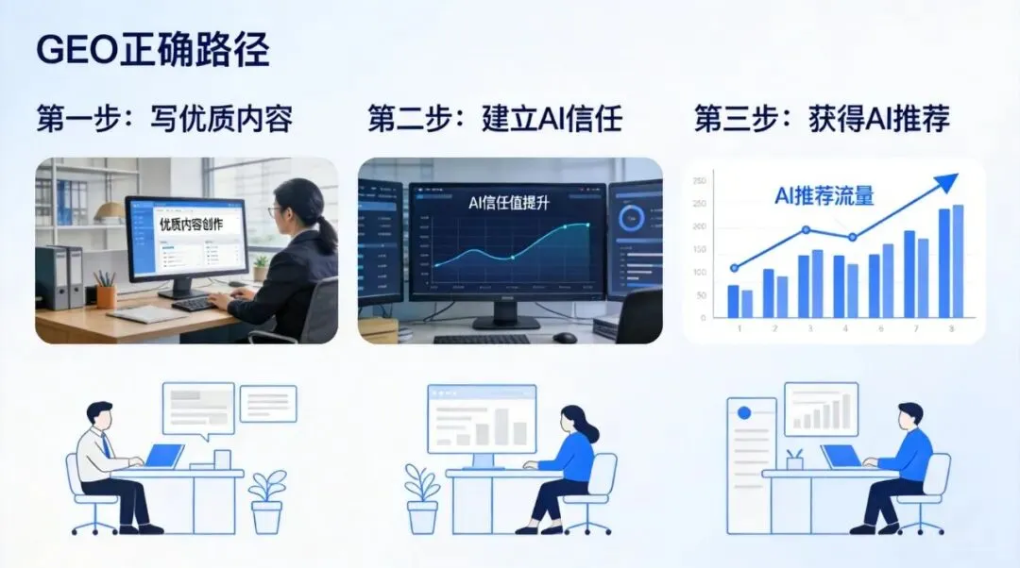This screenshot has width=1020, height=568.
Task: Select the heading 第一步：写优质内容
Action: point(164,119)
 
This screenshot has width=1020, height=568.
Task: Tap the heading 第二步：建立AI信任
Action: point(495,119)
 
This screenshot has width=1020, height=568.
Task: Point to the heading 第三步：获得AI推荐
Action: point(822,119)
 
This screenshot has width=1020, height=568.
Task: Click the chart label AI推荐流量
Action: point(824,196)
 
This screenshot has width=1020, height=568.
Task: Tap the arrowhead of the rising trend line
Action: point(948,181)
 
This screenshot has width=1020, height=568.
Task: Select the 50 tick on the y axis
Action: point(700,295)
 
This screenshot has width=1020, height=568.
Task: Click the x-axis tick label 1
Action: point(739,328)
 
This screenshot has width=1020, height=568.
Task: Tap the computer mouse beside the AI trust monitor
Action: point(565,337)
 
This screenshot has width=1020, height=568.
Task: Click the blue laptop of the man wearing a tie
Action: point(163,456)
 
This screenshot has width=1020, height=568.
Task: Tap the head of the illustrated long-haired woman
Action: point(573,422)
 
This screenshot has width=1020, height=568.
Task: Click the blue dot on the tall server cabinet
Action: point(743,413)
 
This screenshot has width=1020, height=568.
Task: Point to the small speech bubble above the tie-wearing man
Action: point(268,403)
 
